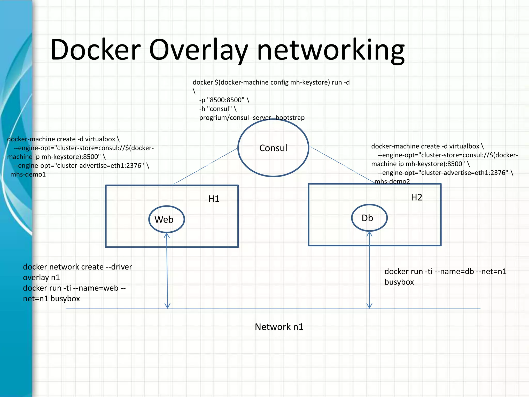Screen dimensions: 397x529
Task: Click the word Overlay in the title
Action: pyautogui.click(x=198, y=50)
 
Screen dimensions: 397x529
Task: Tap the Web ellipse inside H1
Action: pyautogui.click(x=166, y=219)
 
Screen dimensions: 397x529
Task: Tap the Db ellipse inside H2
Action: pyautogui.click(x=369, y=218)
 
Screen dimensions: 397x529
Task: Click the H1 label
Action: pyautogui.click(x=214, y=199)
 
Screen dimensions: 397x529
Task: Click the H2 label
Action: pyautogui.click(x=416, y=197)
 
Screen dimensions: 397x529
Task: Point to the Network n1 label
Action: pyautogui.click(x=279, y=327)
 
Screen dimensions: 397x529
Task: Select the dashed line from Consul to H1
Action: pyautogui.click(x=205, y=166)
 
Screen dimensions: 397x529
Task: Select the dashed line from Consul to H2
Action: pyautogui.click(x=341, y=164)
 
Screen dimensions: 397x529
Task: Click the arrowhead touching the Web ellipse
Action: pyautogui.click(x=167, y=235)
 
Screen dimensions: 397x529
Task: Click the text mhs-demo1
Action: pyautogui.click(x=28, y=174)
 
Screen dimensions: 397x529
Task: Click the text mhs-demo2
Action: pyautogui.click(x=392, y=181)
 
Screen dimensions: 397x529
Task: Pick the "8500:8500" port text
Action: pyautogui.click(x=225, y=100)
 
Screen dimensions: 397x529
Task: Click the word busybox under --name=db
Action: pyautogui.click(x=399, y=282)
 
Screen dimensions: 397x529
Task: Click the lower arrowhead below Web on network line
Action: pyautogui.click(x=167, y=306)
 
